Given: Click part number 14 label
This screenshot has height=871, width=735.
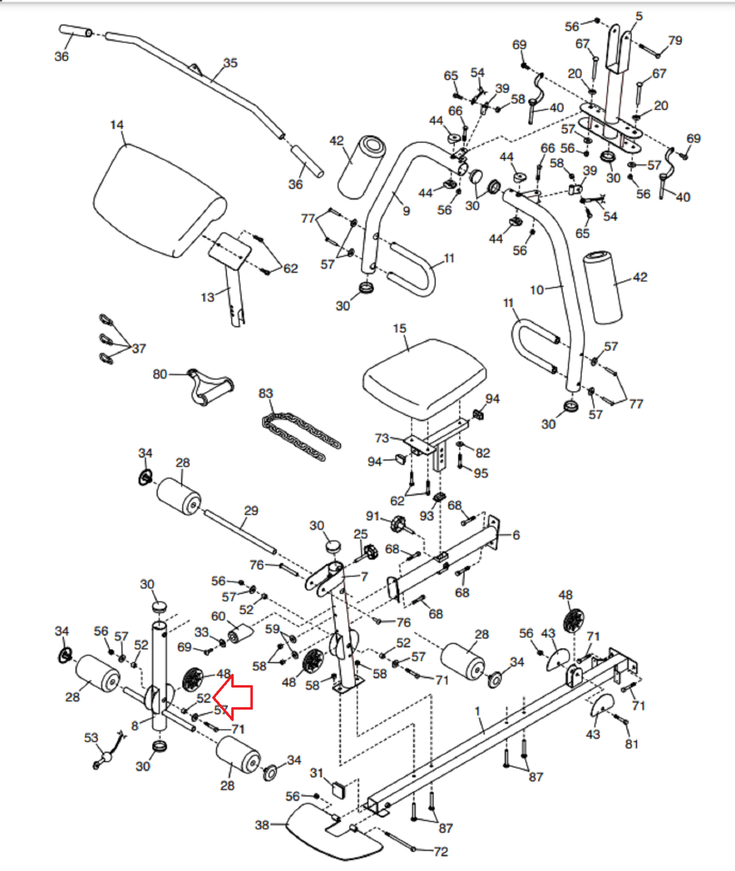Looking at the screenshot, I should [x=117, y=125].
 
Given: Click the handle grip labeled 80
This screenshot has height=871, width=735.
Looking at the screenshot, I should [x=209, y=385].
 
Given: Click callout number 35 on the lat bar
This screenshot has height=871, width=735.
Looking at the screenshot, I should [x=231, y=63].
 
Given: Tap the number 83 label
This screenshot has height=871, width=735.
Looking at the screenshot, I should [x=265, y=394].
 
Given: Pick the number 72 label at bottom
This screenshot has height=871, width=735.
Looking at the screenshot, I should [x=441, y=852].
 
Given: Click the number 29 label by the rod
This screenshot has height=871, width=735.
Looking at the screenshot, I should [x=251, y=511].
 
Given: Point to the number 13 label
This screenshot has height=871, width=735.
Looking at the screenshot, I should [x=208, y=298].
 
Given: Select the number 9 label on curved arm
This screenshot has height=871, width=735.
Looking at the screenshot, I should [x=406, y=211].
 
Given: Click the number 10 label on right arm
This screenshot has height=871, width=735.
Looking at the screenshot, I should [x=537, y=290].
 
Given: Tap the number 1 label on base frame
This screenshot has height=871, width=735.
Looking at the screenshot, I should [x=477, y=711].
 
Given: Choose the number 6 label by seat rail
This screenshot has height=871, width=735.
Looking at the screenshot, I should [x=516, y=535].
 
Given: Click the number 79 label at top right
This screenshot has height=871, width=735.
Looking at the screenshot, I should [x=675, y=41].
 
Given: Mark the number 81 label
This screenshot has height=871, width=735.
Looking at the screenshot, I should [x=632, y=744].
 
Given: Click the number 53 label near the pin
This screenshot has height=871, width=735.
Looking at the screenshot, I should [x=91, y=738].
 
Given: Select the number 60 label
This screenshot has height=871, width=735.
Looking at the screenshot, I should [x=218, y=616].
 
